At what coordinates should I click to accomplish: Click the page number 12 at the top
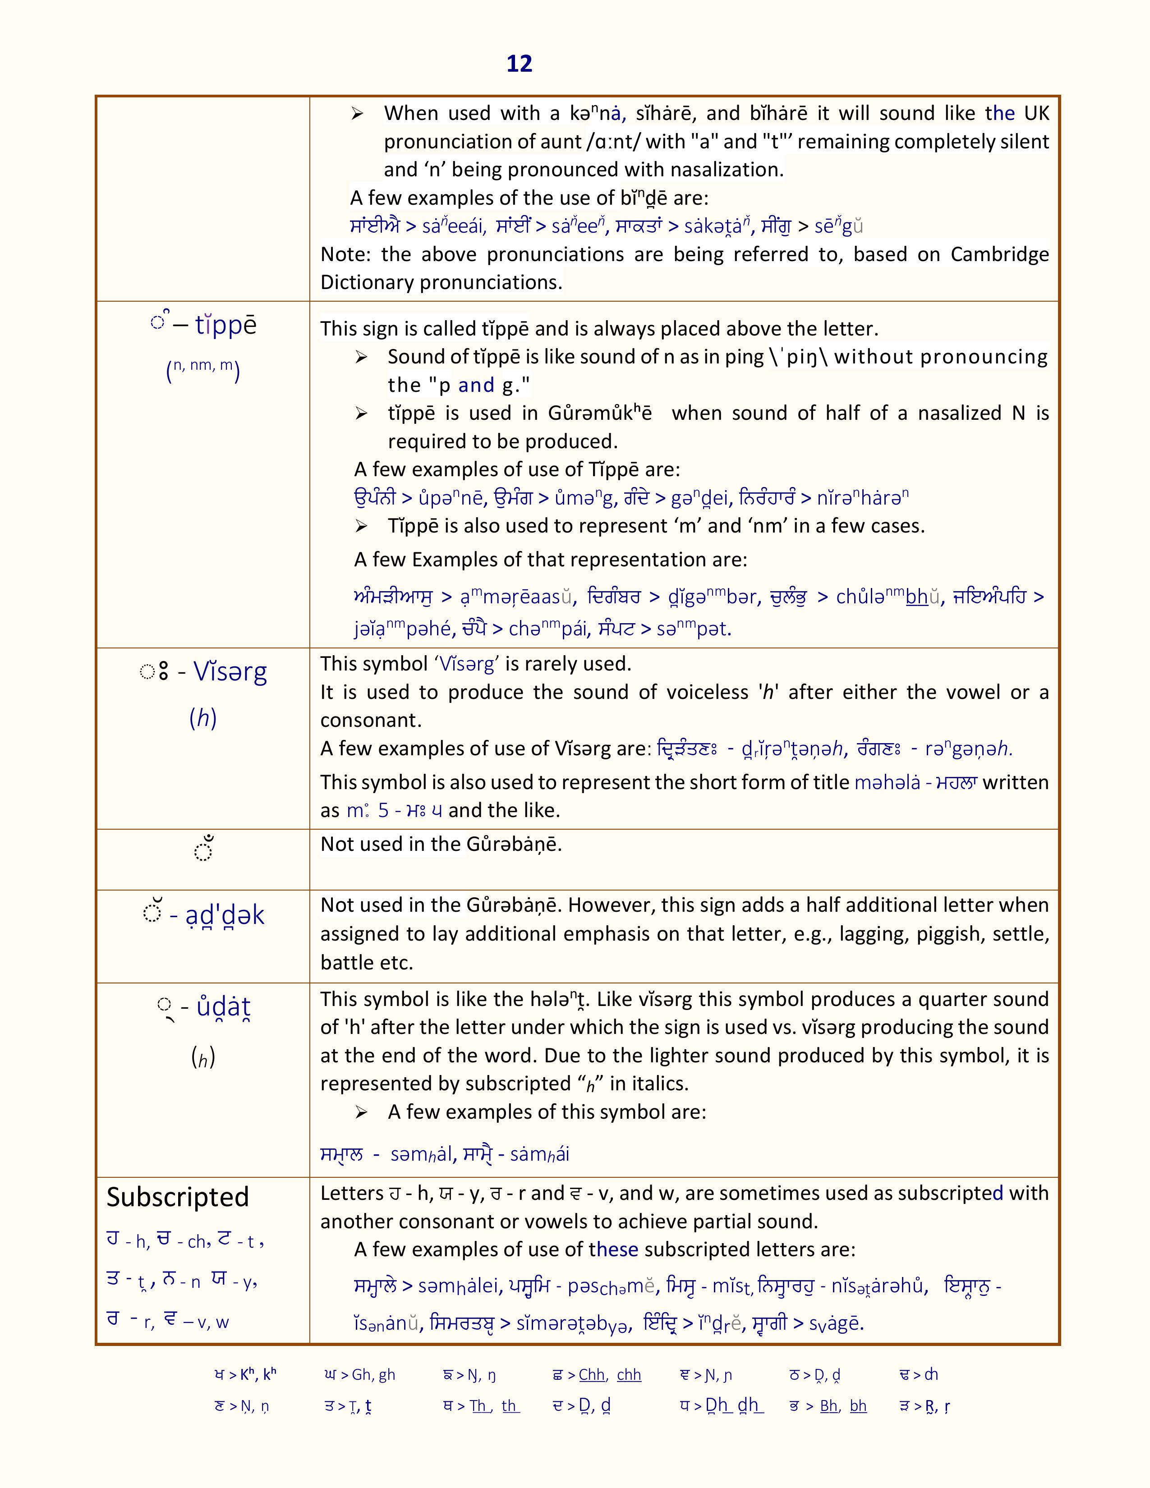pyautogui.click(x=519, y=64)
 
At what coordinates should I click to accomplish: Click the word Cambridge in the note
pyautogui.click(x=999, y=254)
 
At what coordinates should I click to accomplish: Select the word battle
pyautogui.click(x=347, y=962)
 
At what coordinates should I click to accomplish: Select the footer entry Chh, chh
pyautogui.click(x=610, y=1375)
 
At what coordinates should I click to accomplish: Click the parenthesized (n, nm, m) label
pyautogui.click(x=203, y=369)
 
